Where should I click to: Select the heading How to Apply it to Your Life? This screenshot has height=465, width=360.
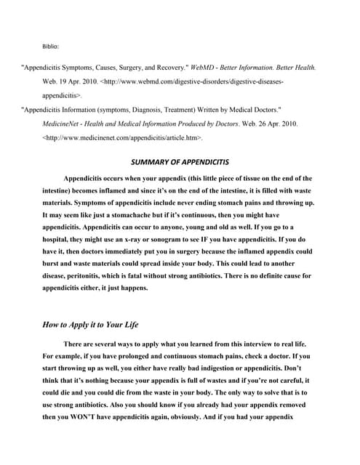point(91,325)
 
